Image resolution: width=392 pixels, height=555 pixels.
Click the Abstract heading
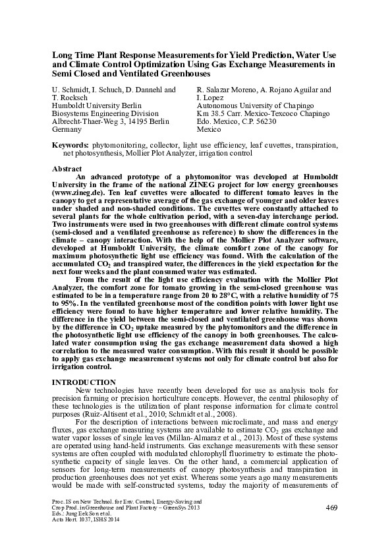[68, 169]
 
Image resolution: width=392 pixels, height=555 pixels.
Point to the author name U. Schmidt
[70, 89]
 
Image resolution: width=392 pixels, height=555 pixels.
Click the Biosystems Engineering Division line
[105, 113]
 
